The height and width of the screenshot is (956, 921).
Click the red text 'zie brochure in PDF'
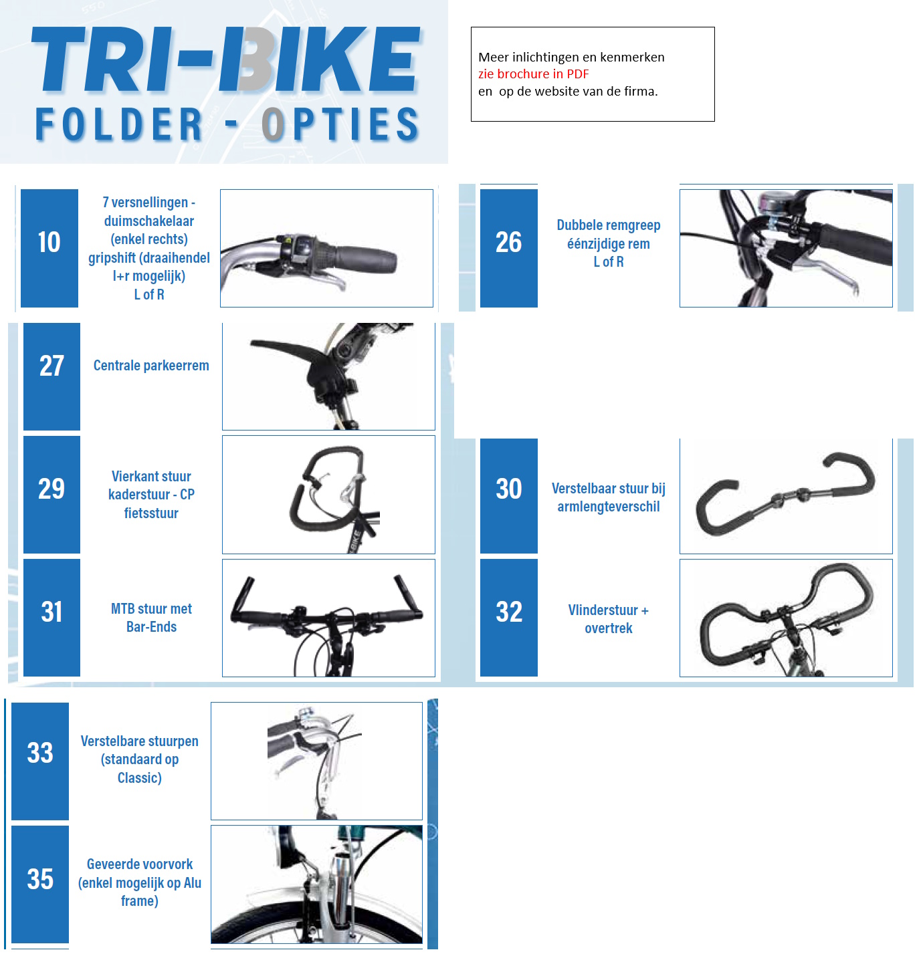click(x=533, y=74)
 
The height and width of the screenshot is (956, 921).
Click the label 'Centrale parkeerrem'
click(x=151, y=366)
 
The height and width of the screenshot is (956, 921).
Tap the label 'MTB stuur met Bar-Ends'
click(x=151, y=618)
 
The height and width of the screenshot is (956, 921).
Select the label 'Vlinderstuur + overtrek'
click(x=608, y=619)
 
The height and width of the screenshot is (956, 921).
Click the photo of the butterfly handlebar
click(x=786, y=618)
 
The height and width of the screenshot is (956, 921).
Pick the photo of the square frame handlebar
click(x=328, y=494)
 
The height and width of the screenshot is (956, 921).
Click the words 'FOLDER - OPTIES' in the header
click(x=227, y=125)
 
